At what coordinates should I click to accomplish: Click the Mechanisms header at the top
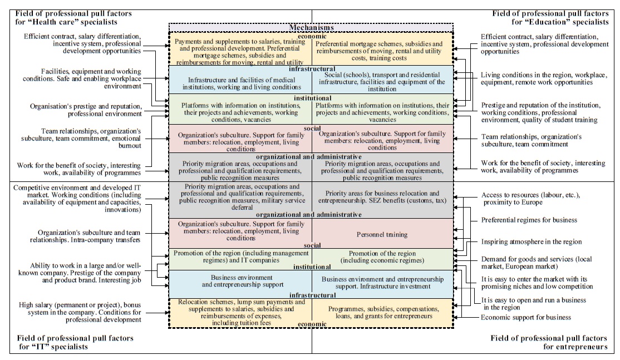[x=311, y=27]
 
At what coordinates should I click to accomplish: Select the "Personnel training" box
[x=382, y=234]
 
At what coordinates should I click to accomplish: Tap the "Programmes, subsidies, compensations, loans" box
[x=381, y=312]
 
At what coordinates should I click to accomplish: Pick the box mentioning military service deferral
[x=240, y=197]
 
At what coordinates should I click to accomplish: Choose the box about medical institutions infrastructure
[x=240, y=83]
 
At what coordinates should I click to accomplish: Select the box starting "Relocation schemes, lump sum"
[x=240, y=312]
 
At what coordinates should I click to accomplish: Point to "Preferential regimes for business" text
[x=521, y=220]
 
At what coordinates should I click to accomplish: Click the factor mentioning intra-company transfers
[x=89, y=236]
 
